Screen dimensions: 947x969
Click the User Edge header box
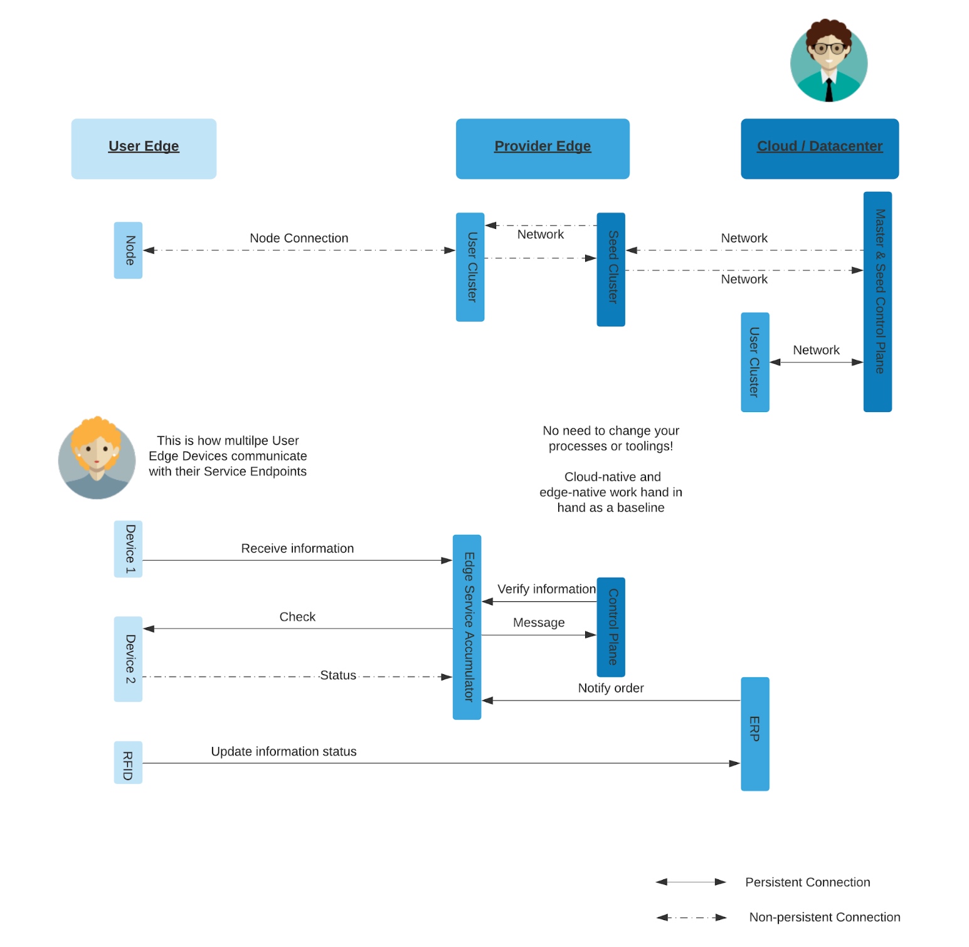pyautogui.click(x=144, y=149)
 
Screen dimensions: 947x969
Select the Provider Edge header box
pyautogui.click(x=543, y=149)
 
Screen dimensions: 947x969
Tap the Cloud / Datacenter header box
pyautogui.click(x=819, y=149)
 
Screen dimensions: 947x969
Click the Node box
pyautogui.click(x=128, y=250)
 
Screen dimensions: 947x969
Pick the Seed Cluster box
pyautogui.click(x=611, y=269)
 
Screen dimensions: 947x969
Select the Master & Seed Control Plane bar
pyautogui.click(x=877, y=302)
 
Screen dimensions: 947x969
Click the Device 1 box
pyautogui.click(x=128, y=549)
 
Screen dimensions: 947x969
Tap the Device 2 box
pyautogui.click(x=128, y=659)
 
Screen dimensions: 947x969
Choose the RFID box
pyautogui.click(x=128, y=763)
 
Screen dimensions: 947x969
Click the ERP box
pyautogui.click(x=755, y=734)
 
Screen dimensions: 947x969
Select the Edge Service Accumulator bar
pyautogui.click(x=467, y=627)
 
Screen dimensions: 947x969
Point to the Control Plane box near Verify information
pyautogui.click(x=611, y=627)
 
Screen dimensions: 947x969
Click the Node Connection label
pyautogui.click(x=299, y=238)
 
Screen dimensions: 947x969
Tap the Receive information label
pyautogui.click(x=297, y=549)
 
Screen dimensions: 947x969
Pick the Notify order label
pyautogui.click(x=611, y=688)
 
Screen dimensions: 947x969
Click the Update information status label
pyautogui.click(x=283, y=751)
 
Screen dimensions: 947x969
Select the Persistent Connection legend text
pyautogui.click(x=807, y=882)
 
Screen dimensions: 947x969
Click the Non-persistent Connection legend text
pyautogui.click(x=824, y=918)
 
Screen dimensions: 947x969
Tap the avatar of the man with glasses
pyautogui.click(x=829, y=61)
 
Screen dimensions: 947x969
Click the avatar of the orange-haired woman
pyautogui.click(x=97, y=458)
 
